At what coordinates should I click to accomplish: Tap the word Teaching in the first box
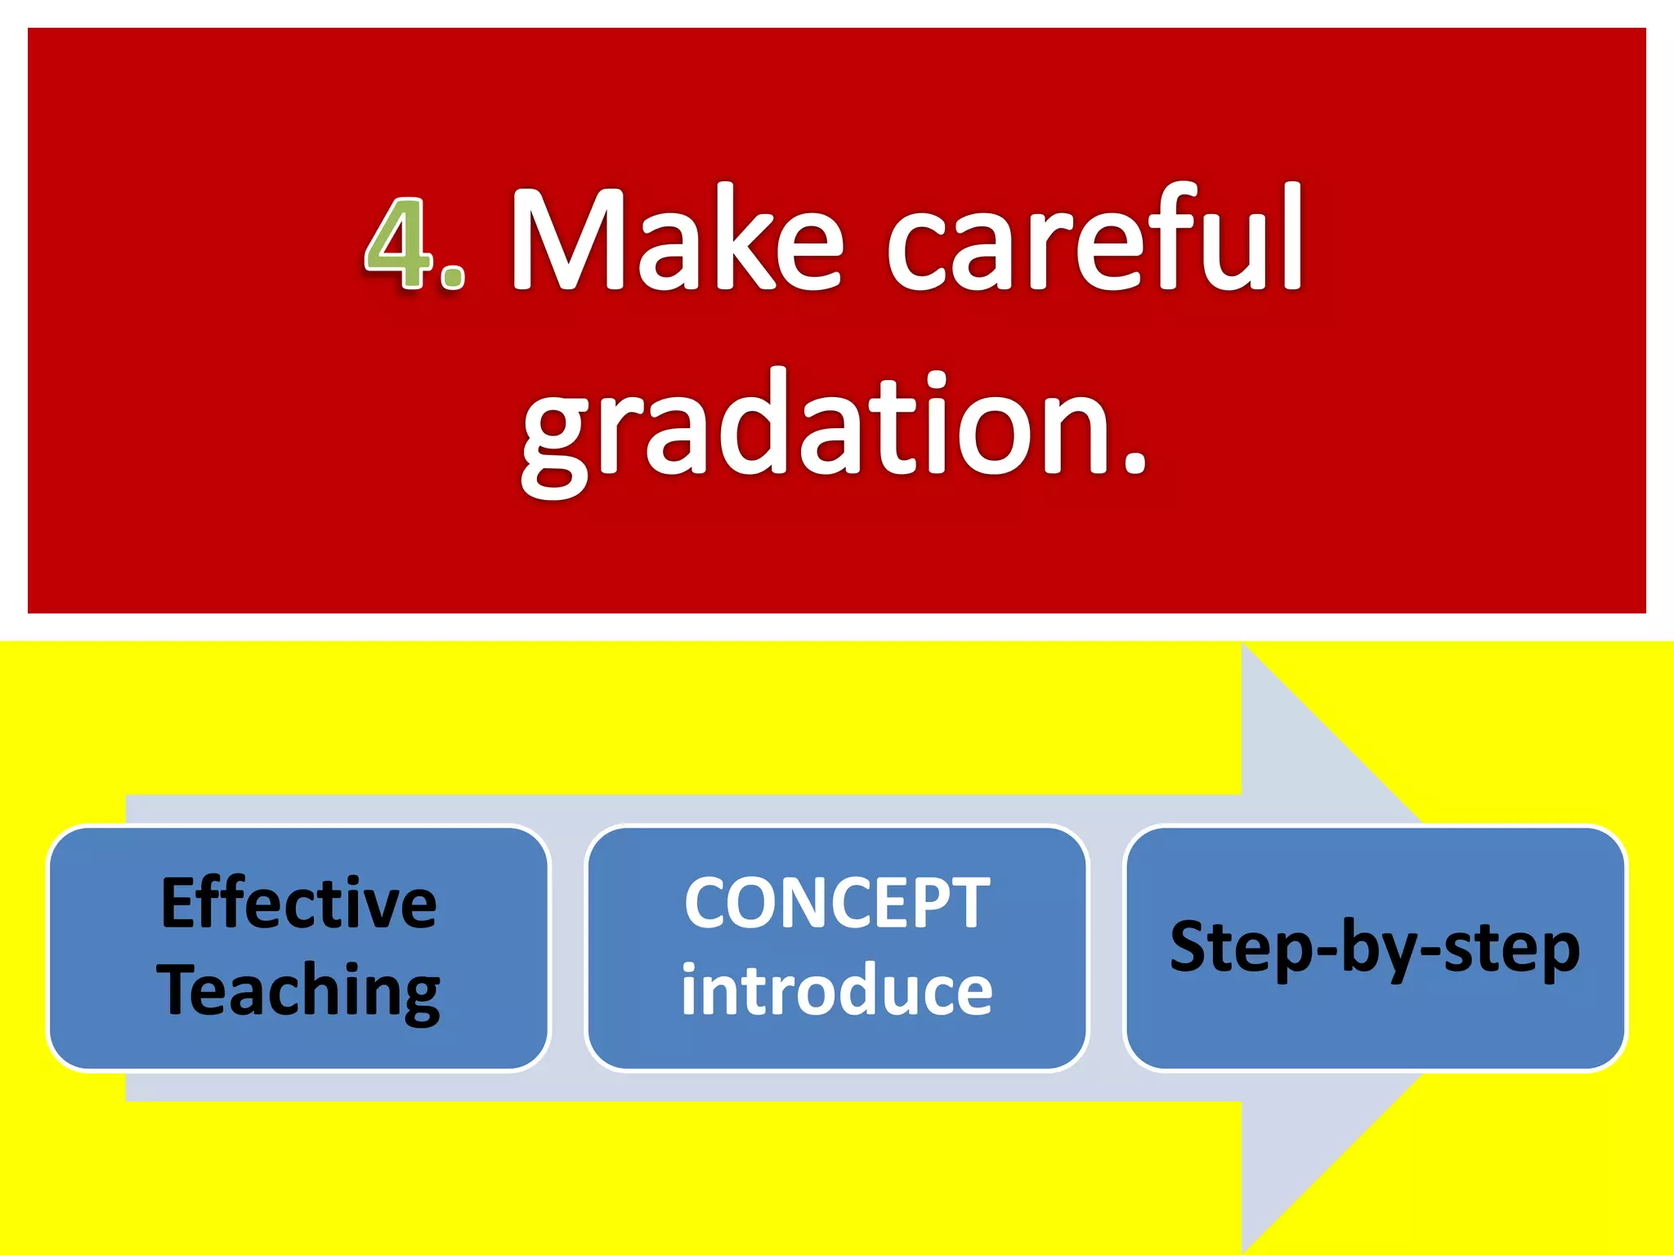pos(299,990)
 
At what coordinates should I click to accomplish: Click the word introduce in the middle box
pos(837,990)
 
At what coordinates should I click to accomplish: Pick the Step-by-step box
pos(1375,948)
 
